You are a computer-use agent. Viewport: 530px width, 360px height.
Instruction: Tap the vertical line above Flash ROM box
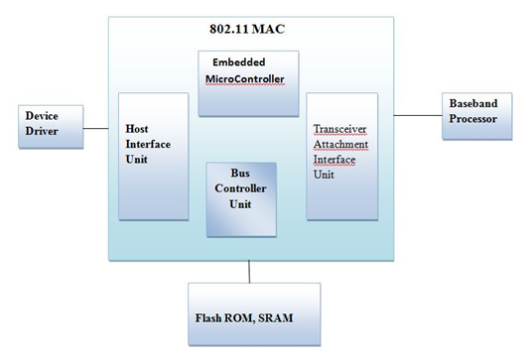point(250,272)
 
